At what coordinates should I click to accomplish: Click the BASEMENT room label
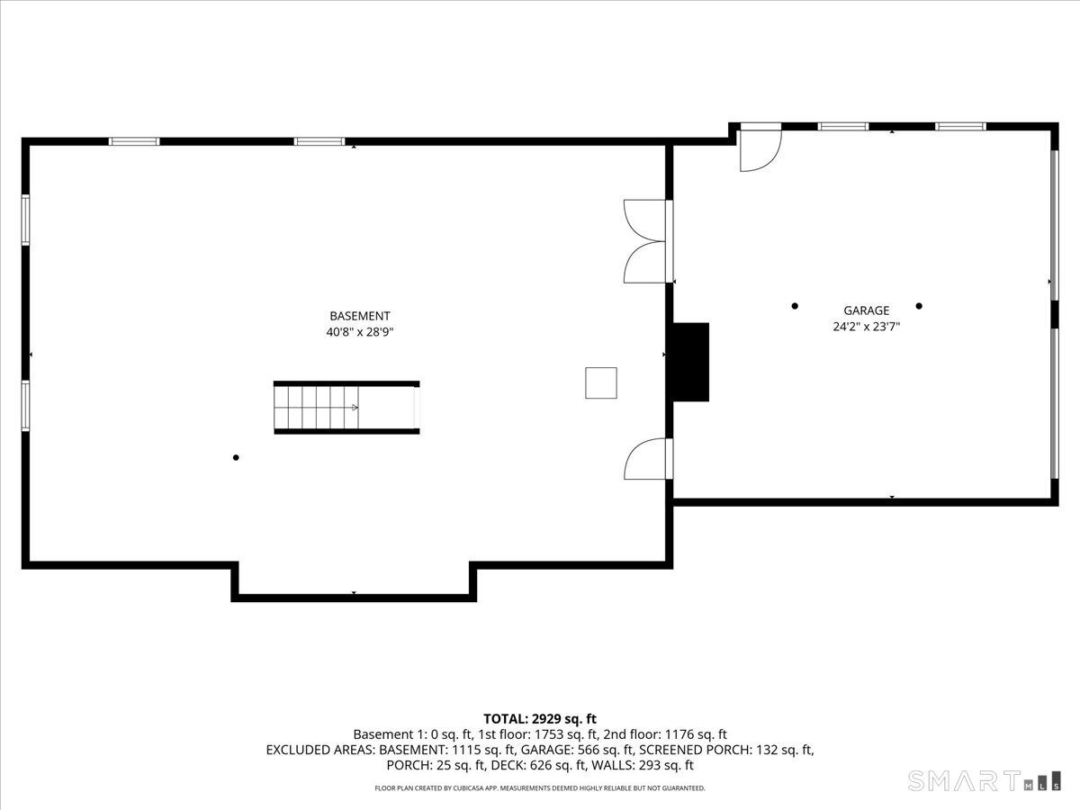[x=359, y=316]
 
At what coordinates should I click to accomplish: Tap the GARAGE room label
[x=866, y=310]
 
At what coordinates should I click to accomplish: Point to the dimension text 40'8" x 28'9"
[x=359, y=332]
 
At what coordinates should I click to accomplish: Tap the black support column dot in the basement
[x=236, y=457]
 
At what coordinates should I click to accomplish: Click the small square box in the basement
[x=600, y=382]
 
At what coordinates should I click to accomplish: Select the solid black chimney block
[x=690, y=362]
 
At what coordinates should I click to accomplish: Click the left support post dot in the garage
[x=795, y=306]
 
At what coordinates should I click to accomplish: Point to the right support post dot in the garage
[x=919, y=306]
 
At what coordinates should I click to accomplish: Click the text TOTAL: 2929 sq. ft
[x=540, y=718]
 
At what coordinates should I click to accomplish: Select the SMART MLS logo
[x=983, y=780]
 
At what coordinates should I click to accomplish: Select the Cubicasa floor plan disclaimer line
[x=540, y=788]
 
